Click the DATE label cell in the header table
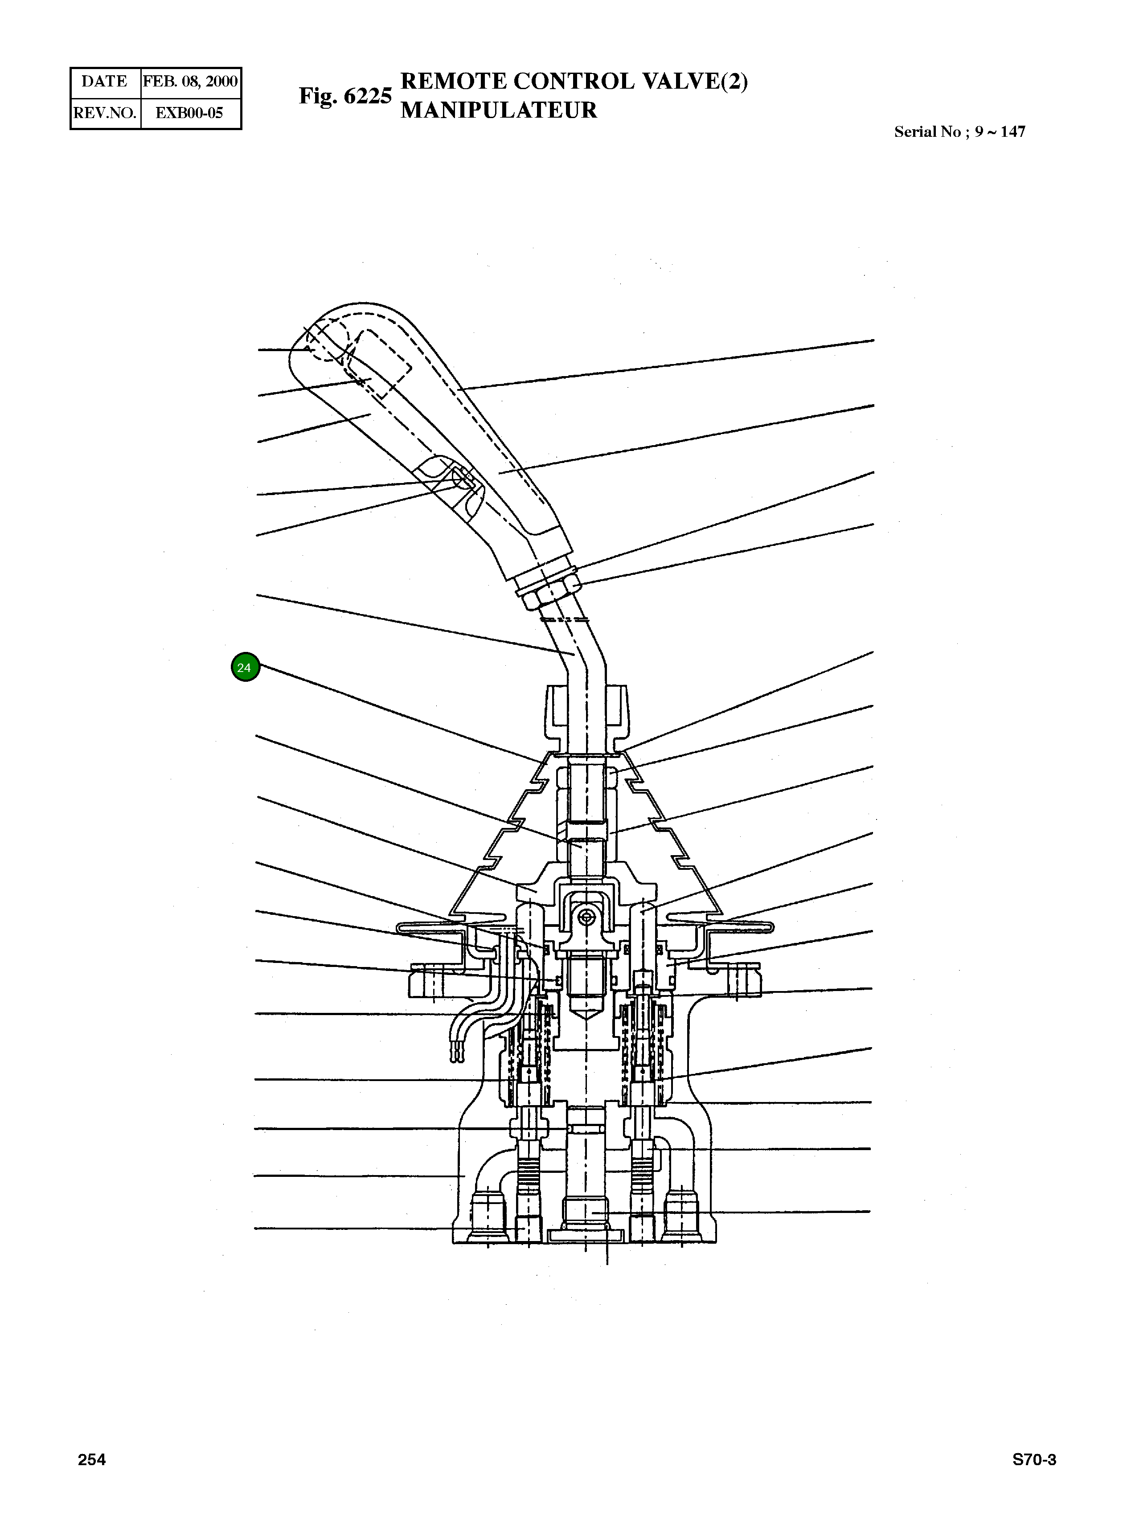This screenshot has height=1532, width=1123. pos(105,82)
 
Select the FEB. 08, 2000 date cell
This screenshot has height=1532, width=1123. pos(190,82)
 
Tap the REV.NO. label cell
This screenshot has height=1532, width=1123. pos(105,113)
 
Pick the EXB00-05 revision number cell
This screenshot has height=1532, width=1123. pos(190,113)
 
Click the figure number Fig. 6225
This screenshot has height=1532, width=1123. pos(345,96)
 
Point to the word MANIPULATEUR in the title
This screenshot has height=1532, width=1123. pos(498,110)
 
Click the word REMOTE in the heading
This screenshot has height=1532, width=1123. pos(453,81)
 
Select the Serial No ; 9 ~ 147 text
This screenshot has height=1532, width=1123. pos(959,132)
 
